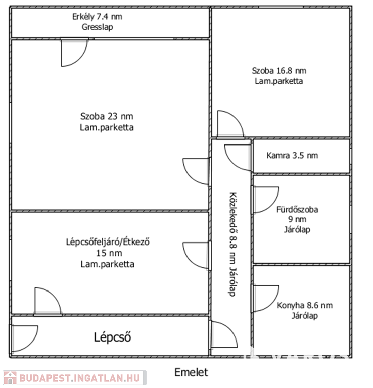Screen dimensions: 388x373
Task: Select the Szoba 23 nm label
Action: pos(107,117)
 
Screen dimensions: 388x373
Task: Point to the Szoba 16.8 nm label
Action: pos(279,71)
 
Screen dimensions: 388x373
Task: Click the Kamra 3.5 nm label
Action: pos(292,156)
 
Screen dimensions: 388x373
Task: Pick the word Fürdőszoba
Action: pos(297,209)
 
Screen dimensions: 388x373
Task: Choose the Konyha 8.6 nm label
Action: pos(305,306)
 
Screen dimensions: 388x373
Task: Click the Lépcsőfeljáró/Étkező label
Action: pos(107,242)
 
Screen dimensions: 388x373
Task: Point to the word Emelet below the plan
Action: pos(191,373)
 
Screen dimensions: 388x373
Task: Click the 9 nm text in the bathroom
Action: pos(297,219)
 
